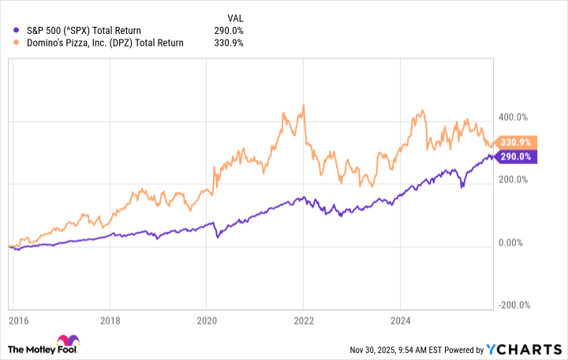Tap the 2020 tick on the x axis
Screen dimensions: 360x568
[x=207, y=321]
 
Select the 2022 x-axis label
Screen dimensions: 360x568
[x=303, y=321]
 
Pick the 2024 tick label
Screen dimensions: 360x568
[x=400, y=321]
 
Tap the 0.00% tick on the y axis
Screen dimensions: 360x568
[x=516, y=243]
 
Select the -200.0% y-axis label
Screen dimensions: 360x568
[x=514, y=306]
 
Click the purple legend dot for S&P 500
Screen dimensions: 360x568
[x=17, y=31]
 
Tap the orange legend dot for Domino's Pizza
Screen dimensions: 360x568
[x=17, y=43]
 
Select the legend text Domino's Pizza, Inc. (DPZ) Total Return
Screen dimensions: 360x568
[x=105, y=43]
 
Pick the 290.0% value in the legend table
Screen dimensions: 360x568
[x=229, y=31]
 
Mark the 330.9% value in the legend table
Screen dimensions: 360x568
[x=229, y=43]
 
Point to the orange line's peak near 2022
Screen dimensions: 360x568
[x=304, y=105]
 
